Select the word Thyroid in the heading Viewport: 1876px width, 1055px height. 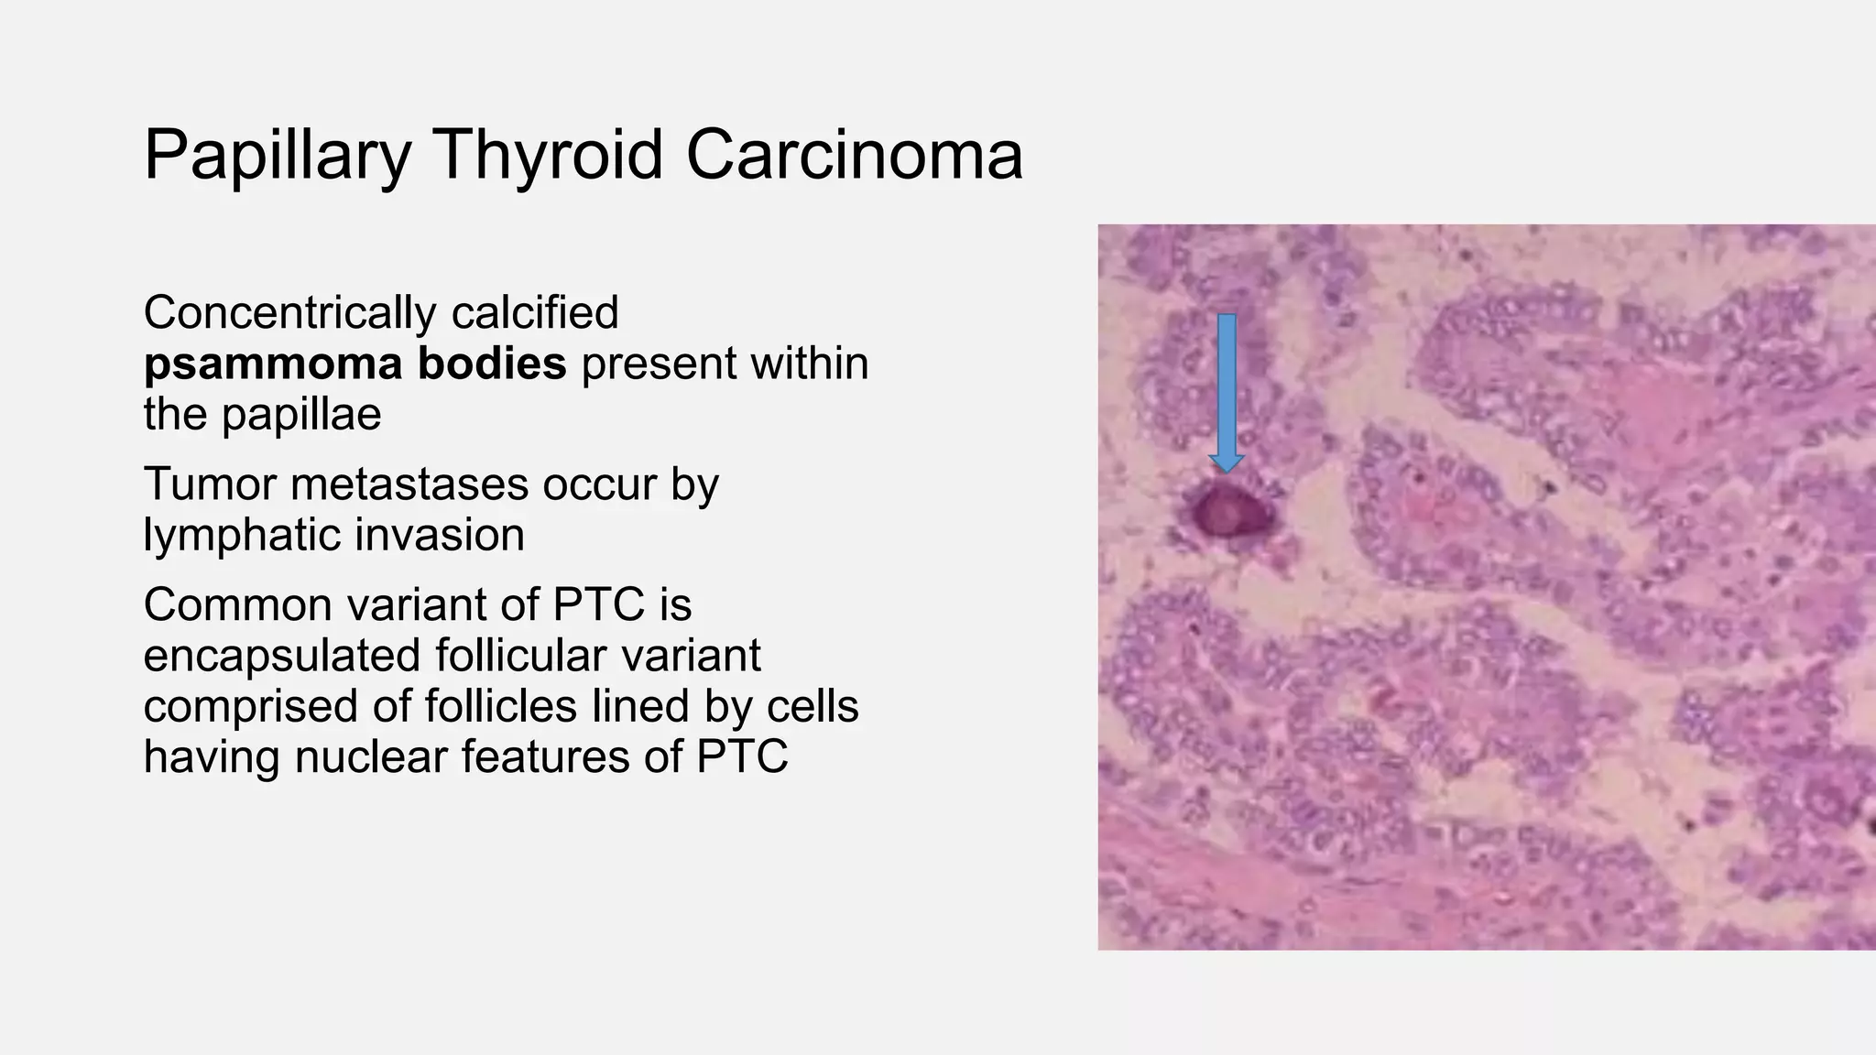click(x=547, y=154)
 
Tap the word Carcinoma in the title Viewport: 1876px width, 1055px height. click(x=854, y=154)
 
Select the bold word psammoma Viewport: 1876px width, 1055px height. click(x=272, y=364)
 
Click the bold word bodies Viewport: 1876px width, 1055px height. click(x=493, y=363)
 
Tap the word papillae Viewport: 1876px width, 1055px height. click(x=301, y=415)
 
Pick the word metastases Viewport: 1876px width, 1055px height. click(x=409, y=484)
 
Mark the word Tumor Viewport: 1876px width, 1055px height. click(x=211, y=484)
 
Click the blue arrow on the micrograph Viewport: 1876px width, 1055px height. click(x=1227, y=385)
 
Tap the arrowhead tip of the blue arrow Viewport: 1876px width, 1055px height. click(x=1227, y=470)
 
